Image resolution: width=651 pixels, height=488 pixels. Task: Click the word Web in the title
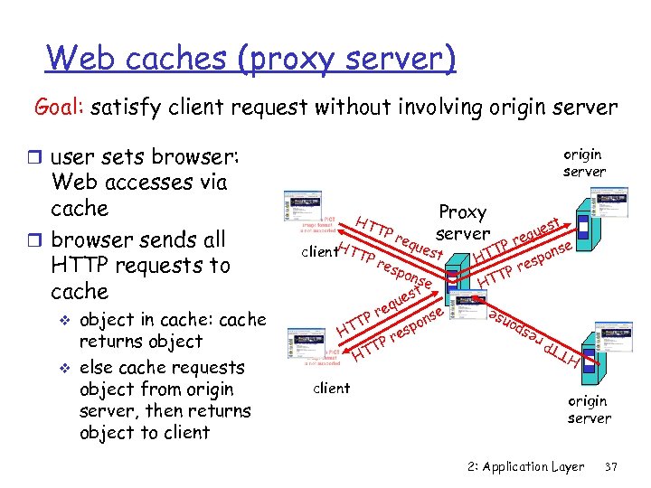(x=80, y=58)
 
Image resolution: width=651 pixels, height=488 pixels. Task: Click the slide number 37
(x=610, y=466)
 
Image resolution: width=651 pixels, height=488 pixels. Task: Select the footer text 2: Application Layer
(x=526, y=466)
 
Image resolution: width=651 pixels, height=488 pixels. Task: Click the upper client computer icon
(x=311, y=218)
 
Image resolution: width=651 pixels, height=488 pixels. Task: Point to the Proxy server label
(x=462, y=223)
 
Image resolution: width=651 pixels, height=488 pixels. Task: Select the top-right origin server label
(x=584, y=163)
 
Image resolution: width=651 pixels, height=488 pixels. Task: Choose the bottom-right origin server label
(x=589, y=409)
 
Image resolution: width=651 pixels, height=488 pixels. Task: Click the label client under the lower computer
(x=331, y=389)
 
